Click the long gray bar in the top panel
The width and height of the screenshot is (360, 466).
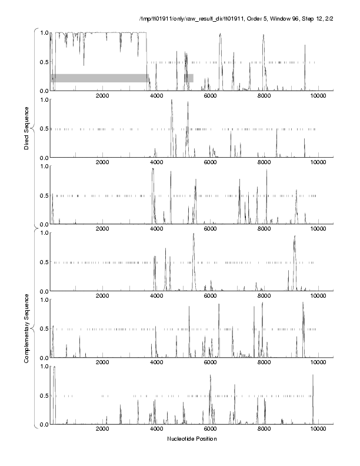(99, 78)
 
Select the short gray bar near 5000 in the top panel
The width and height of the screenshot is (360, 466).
(189, 78)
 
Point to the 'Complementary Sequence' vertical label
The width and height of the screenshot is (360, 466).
(26, 325)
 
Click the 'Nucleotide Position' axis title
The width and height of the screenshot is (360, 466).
(192, 439)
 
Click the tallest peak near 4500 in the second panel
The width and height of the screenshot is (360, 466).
(171, 101)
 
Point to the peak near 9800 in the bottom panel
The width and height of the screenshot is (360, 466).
(313, 375)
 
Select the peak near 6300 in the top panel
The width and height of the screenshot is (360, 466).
(220, 34)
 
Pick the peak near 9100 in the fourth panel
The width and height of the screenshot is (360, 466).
(295, 237)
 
